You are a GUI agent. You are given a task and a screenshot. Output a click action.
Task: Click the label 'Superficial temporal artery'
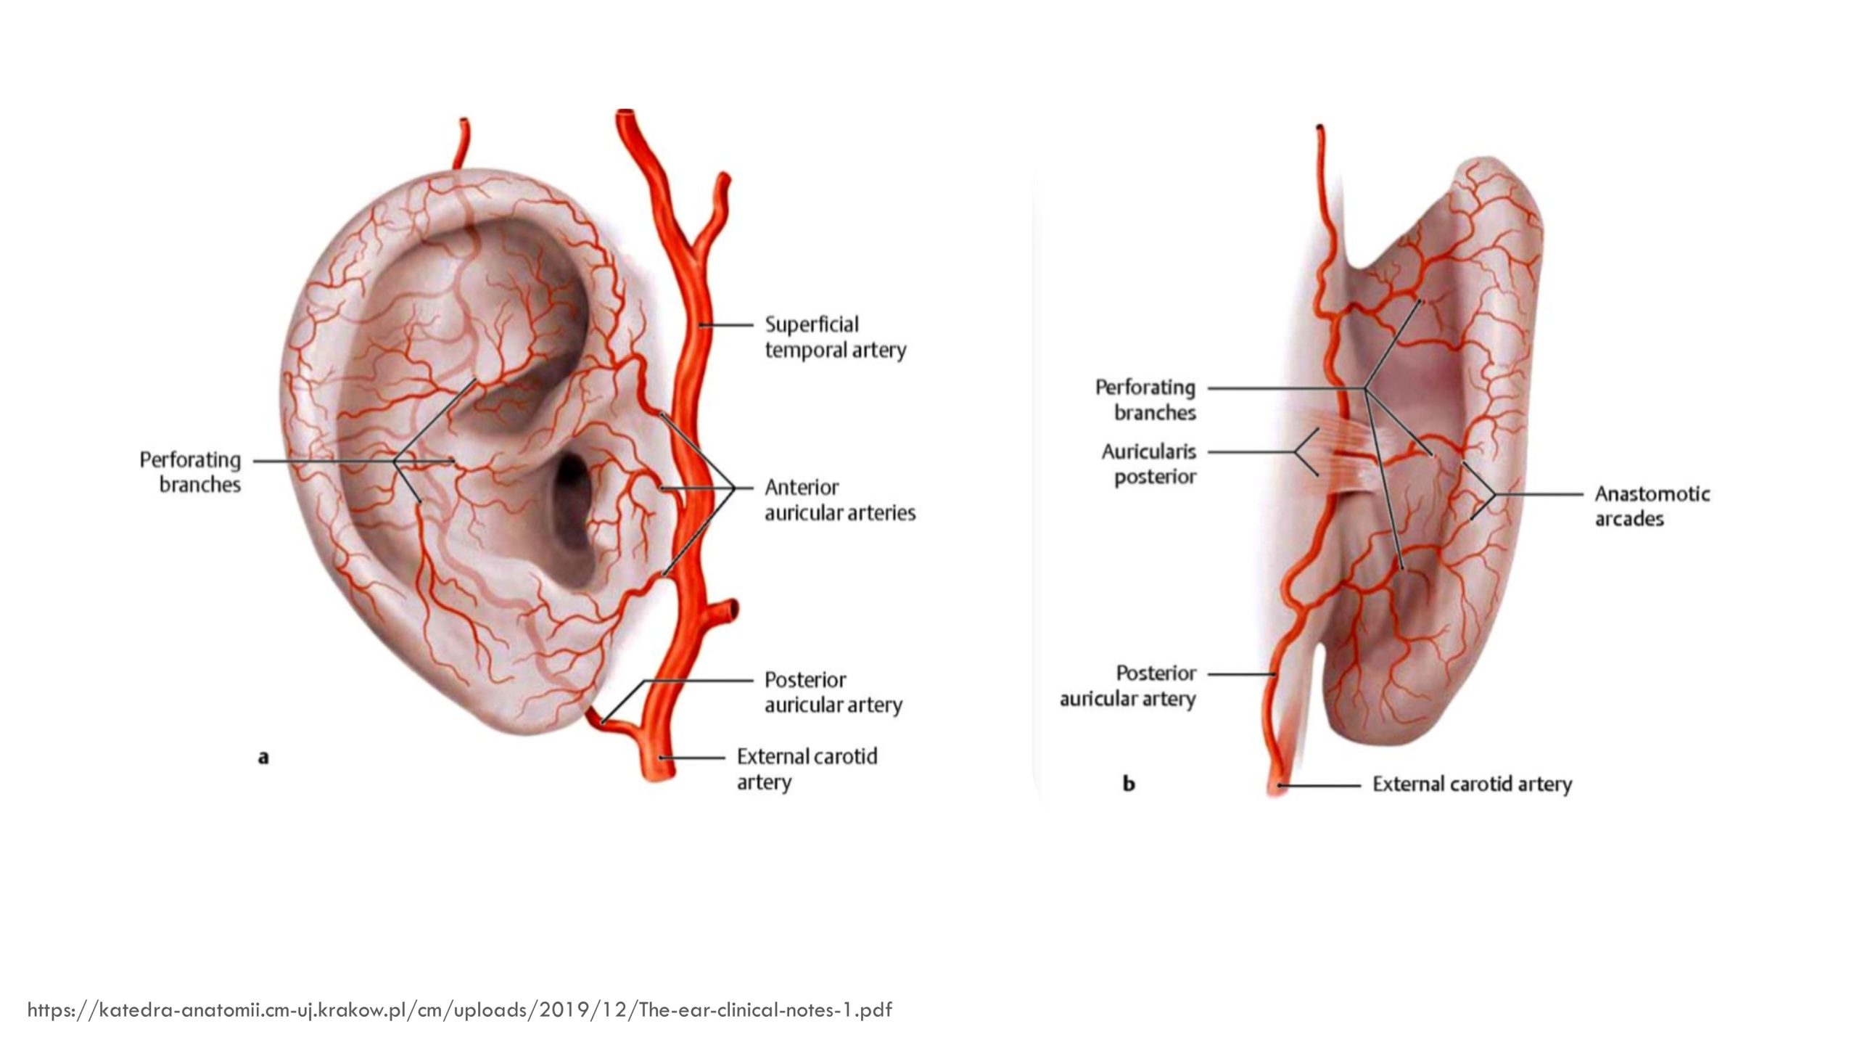click(835, 337)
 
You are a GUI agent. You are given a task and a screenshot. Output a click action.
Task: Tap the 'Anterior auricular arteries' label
click(839, 500)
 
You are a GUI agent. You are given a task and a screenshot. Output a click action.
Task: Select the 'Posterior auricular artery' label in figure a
click(833, 692)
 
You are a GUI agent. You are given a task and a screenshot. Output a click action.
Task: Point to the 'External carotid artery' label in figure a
click(807, 769)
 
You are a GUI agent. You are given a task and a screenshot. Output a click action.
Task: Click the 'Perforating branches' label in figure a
click(190, 472)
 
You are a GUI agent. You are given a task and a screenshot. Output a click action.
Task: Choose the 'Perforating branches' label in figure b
click(1145, 400)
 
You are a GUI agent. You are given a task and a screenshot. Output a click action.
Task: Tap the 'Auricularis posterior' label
click(1148, 464)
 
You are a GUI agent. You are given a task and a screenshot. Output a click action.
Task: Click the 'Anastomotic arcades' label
click(1652, 506)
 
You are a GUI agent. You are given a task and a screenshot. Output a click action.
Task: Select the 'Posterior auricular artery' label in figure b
click(1127, 686)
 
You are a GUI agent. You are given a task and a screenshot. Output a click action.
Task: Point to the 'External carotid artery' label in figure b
click(1472, 784)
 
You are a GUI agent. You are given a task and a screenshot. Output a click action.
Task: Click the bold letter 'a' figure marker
click(263, 758)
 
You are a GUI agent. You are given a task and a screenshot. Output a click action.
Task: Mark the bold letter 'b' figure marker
click(1128, 784)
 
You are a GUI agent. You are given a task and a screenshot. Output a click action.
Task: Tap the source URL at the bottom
click(459, 1009)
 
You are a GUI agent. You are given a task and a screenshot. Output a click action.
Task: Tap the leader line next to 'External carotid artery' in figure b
click(1320, 785)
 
